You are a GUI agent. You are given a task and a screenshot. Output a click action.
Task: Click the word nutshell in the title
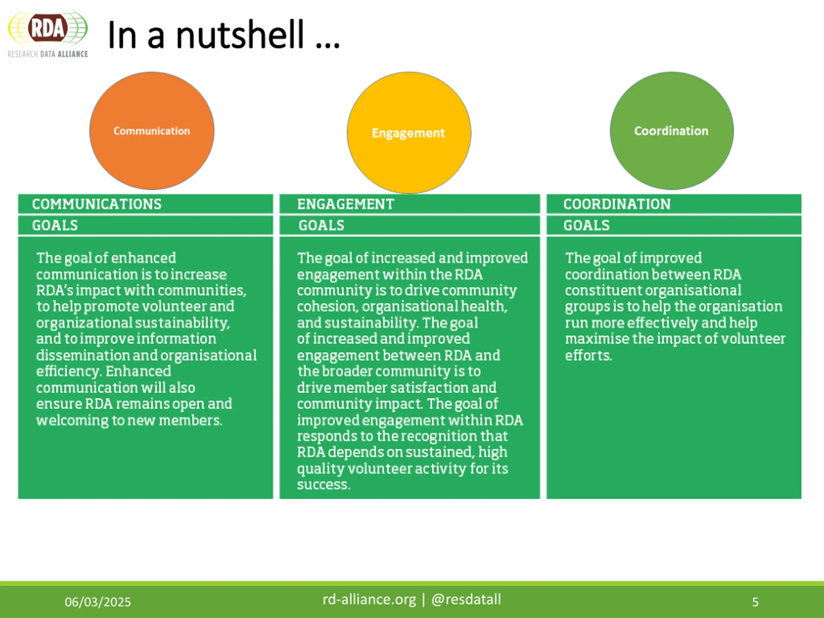click(239, 35)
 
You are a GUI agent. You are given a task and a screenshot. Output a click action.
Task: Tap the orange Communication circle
click(152, 131)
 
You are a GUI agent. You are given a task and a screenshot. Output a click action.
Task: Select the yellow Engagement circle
click(409, 133)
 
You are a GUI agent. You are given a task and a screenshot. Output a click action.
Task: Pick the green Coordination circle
click(671, 131)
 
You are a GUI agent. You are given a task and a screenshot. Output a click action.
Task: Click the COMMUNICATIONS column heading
click(97, 204)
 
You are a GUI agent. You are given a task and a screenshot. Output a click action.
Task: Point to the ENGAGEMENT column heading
click(345, 204)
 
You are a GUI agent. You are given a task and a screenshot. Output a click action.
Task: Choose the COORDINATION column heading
click(617, 204)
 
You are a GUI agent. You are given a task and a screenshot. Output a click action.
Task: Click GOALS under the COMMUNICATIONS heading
click(55, 225)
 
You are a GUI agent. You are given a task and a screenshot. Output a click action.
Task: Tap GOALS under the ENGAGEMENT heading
click(321, 225)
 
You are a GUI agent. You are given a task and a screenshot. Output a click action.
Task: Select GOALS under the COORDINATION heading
click(586, 225)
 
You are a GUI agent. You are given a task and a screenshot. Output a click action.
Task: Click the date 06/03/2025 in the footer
click(98, 602)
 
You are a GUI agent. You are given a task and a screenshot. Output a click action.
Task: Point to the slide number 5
click(755, 602)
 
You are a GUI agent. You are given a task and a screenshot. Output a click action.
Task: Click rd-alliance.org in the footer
click(369, 599)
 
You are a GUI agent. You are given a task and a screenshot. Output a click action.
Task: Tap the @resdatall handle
click(466, 599)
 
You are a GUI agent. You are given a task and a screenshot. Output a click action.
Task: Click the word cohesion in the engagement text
click(327, 306)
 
